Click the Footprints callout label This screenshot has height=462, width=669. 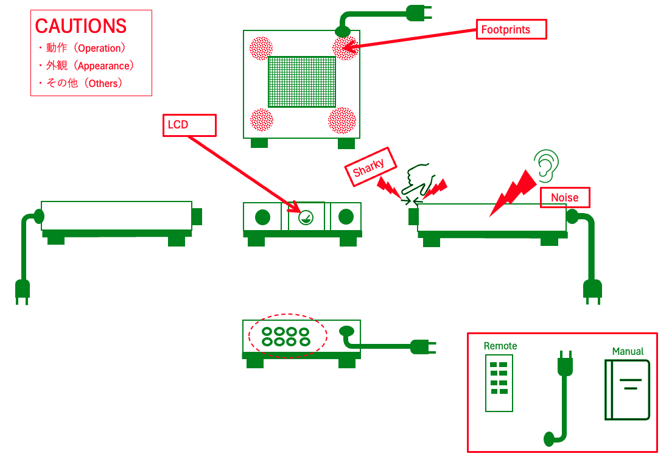point(511,29)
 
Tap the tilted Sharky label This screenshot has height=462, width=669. point(370,166)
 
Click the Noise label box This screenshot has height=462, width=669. point(566,197)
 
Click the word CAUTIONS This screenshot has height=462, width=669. point(81,26)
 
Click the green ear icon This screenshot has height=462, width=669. point(546,163)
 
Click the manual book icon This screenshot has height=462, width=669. point(627,390)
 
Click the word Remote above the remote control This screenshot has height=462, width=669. point(500,346)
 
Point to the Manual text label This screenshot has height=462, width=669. point(628,351)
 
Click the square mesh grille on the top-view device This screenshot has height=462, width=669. point(302,82)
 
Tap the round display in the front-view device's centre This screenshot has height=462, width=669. point(307,217)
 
